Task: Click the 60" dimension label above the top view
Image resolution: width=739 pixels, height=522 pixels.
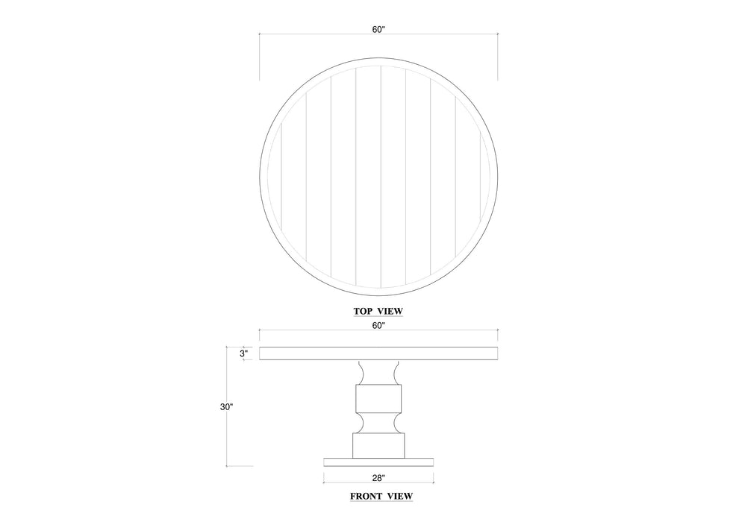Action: point(378,29)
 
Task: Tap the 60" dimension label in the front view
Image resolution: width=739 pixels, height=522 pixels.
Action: point(378,325)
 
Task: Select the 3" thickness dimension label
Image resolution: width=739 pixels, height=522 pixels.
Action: point(243,353)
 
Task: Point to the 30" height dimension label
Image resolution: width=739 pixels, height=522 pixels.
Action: point(226,407)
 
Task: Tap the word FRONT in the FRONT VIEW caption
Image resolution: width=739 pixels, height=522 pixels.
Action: point(367,495)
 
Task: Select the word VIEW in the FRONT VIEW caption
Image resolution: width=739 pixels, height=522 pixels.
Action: point(399,495)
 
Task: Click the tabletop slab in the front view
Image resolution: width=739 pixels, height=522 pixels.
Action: point(378,353)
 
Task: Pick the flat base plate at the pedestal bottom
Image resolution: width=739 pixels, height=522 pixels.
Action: point(378,461)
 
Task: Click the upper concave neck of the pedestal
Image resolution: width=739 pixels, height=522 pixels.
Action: point(378,372)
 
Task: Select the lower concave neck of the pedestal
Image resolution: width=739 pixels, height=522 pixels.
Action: point(378,422)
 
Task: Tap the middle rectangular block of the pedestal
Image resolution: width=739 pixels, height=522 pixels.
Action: point(378,397)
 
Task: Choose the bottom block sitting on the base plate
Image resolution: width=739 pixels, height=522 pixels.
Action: point(378,445)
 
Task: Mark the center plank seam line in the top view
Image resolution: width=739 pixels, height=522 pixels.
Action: point(381,176)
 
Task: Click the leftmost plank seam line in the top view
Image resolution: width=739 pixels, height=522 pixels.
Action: point(281,176)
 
